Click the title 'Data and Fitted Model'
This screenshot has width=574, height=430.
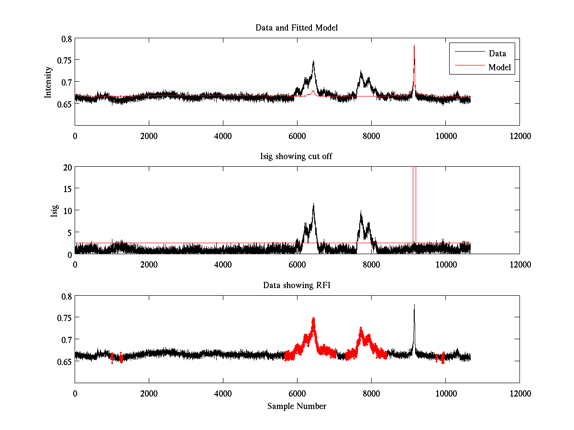pyautogui.click(x=297, y=28)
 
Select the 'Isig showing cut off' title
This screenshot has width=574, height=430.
pyautogui.click(x=297, y=157)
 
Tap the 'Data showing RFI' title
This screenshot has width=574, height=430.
pyautogui.click(x=297, y=286)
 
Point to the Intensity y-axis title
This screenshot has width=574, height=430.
pyautogui.click(x=48, y=82)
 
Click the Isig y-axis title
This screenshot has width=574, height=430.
pyautogui.click(x=55, y=210)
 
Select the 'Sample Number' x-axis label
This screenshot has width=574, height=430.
pyautogui.click(x=297, y=407)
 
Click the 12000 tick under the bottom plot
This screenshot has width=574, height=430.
pyautogui.click(x=519, y=394)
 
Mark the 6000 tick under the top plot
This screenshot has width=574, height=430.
pyautogui.click(x=297, y=136)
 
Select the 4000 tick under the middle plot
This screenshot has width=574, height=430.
pyautogui.click(x=223, y=265)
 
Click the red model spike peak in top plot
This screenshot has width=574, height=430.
pyautogui.click(x=414, y=45)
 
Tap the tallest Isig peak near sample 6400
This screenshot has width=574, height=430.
pyautogui.click(x=313, y=204)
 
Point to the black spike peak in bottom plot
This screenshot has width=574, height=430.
pyautogui.click(x=414, y=304)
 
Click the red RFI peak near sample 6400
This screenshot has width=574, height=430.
pyautogui.click(x=313, y=318)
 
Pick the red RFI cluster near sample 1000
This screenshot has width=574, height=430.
pyautogui.click(x=112, y=357)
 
